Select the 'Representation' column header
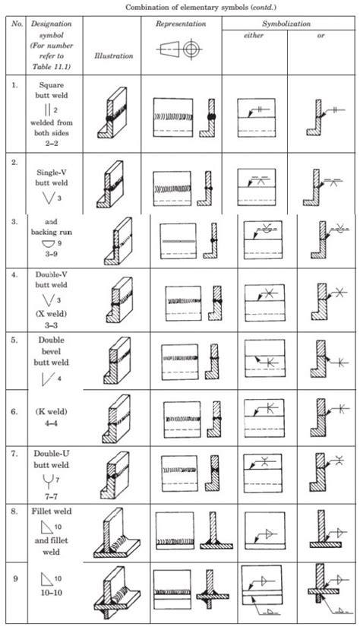coord(181,24)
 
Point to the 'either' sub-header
coord(253,36)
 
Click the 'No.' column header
coord(14,25)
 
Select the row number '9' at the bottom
coord(14,576)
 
